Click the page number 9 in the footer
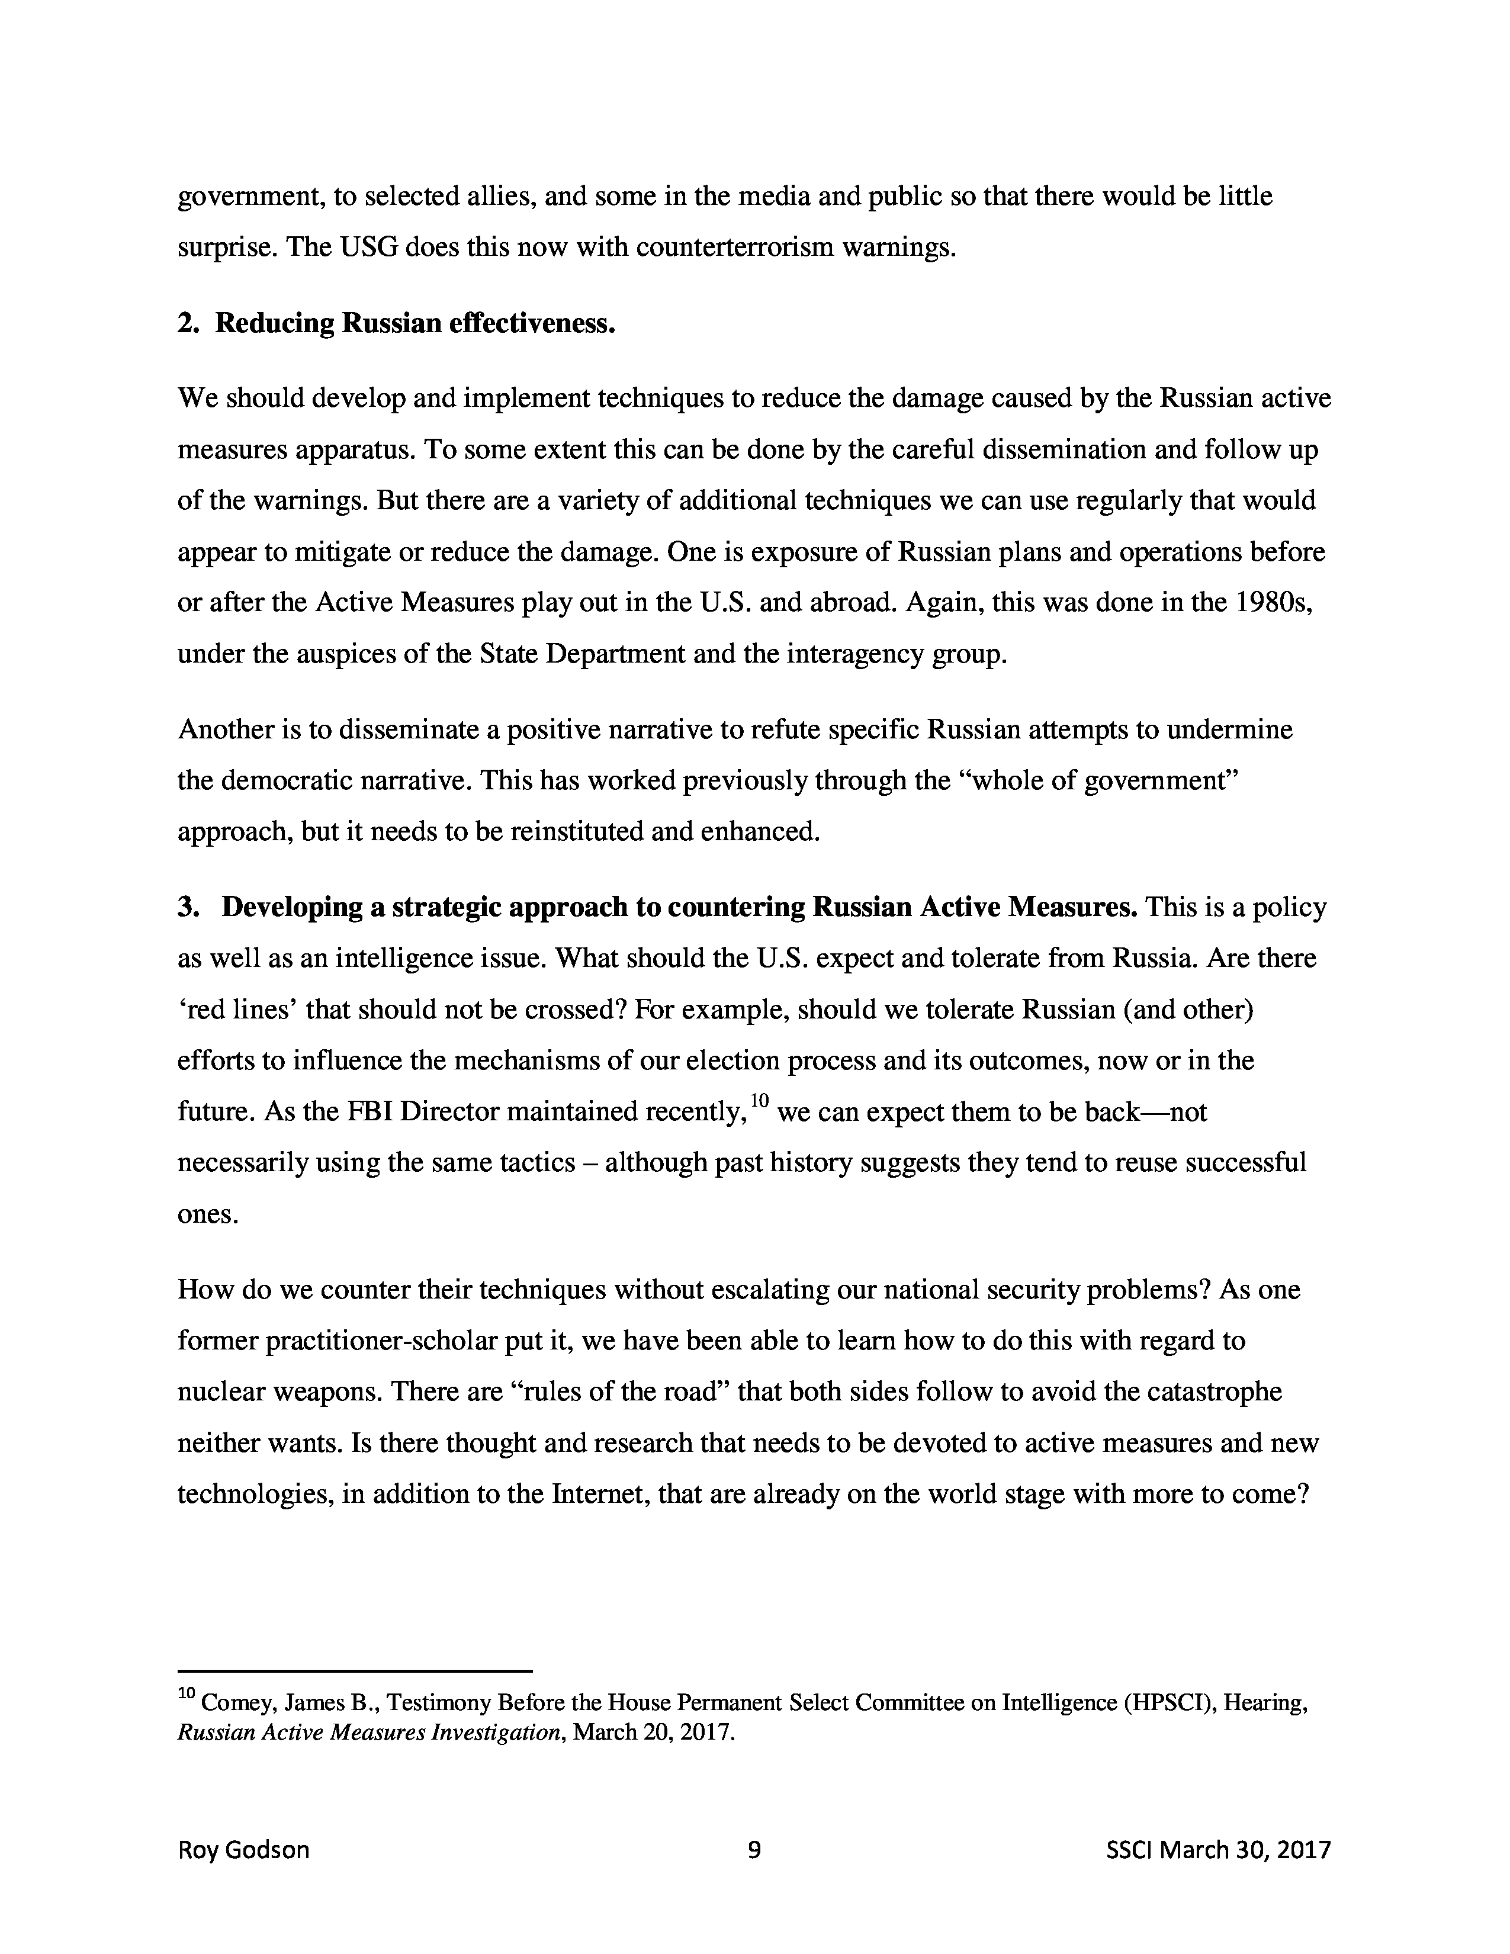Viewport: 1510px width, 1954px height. [754, 1849]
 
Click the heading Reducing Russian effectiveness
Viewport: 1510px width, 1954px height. [415, 323]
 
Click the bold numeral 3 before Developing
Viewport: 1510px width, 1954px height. [187, 907]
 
